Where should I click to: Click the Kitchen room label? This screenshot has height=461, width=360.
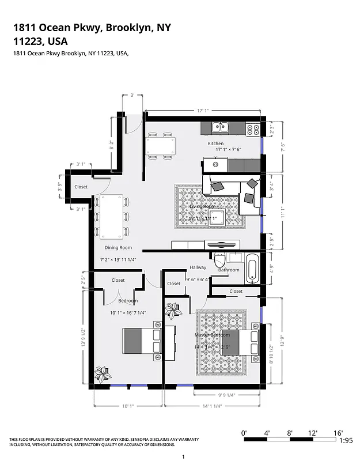215,143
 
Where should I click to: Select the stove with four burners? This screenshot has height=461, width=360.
253,129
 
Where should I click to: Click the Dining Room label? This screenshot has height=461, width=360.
118,248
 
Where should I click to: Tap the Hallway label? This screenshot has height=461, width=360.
198,267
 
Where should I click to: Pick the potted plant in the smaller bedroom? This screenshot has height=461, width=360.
103,373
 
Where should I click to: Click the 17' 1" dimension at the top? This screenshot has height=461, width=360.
203,111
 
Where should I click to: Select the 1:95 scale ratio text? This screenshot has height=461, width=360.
346,440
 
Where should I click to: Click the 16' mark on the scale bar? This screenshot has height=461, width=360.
336,432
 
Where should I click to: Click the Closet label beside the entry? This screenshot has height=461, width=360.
81,187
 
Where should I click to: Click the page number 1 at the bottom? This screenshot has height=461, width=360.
183,456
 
